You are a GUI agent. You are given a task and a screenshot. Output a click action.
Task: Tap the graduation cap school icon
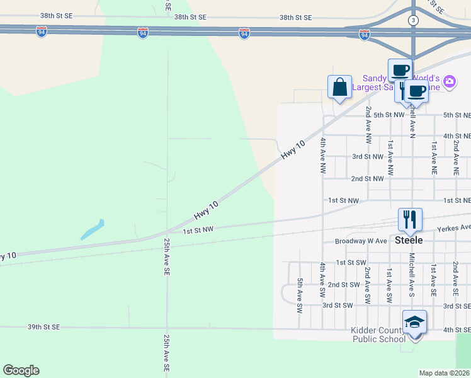pyautogui.click(x=414, y=322)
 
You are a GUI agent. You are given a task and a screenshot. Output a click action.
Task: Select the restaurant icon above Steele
pyautogui.click(x=410, y=220)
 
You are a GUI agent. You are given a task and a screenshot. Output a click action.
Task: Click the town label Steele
pyautogui.click(x=409, y=240)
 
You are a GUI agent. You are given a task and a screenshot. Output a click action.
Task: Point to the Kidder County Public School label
pyautogui.click(x=379, y=335)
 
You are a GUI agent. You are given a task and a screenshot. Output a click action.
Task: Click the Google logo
pyautogui.click(x=21, y=370)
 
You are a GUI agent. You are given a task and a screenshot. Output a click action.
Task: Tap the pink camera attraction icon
pyautogui.click(x=449, y=81)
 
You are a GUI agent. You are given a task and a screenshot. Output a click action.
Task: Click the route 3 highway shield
pyautogui.click(x=413, y=21)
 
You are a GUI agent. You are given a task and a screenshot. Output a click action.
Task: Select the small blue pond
pyautogui.click(x=92, y=229)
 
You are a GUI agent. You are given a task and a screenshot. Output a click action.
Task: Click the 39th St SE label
pyautogui.click(x=43, y=327)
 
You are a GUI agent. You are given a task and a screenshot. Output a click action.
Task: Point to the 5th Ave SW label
pyautogui.click(x=300, y=295)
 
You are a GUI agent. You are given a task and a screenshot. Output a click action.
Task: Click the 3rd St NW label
pyautogui.click(x=367, y=156)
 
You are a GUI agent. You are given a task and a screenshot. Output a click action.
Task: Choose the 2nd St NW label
pyautogui.click(x=367, y=179)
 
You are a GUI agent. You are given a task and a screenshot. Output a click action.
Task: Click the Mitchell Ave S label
pyautogui.click(x=412, y=275)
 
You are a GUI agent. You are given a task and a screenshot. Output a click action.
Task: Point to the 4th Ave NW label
pyautogui.click(x=322, y=156)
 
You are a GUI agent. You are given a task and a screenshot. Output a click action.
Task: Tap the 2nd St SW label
pyautogui.click(x=343, y=284)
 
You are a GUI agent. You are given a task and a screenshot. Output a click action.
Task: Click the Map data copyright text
pyautogui.click(x=445, y=373)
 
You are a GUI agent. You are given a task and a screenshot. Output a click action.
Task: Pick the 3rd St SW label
pyautogui.click(x=337, y=305)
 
